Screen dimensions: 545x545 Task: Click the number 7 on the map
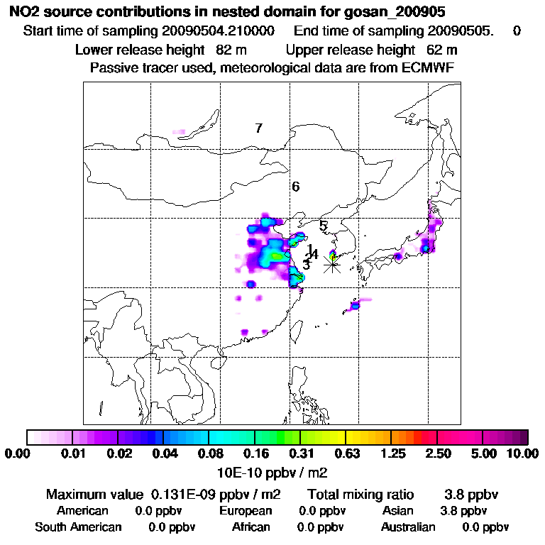[x=259, y=128]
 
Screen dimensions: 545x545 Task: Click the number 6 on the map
[x=295, y=187]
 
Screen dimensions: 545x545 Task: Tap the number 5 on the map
[x=323, y=226]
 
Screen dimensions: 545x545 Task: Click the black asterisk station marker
[x=332, y=264]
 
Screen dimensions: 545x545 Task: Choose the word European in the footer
[x=246, y=511]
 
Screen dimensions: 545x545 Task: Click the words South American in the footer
[x=78, y=527]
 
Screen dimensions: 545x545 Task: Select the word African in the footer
[x=251, y=527]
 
